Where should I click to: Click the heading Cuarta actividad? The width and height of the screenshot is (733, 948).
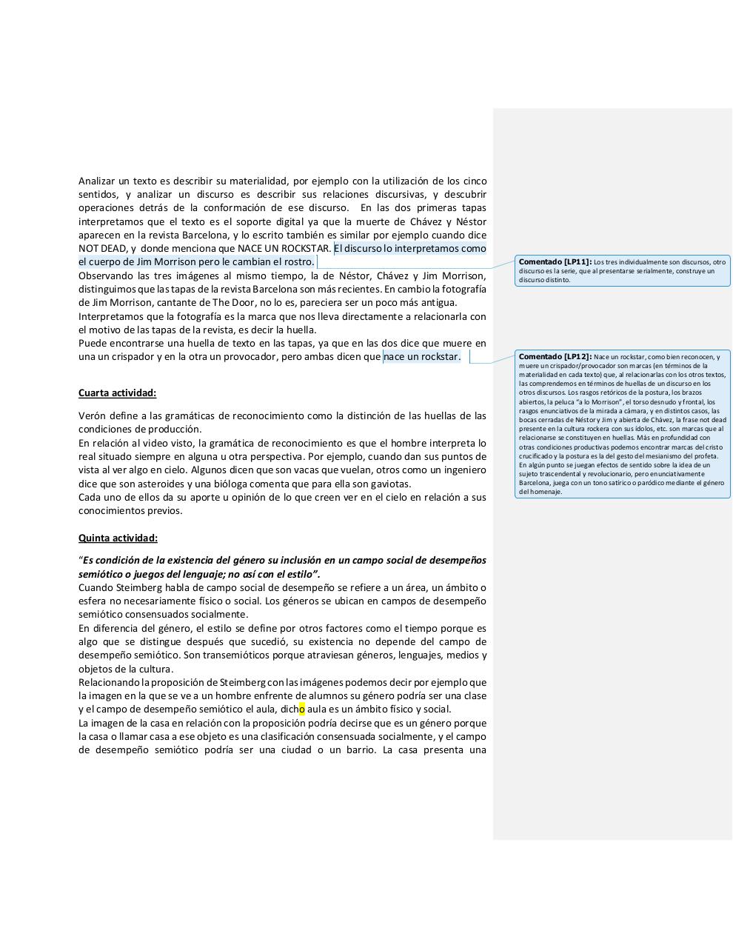click(117, 393)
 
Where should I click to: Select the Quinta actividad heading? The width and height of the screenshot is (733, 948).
click(118, 538)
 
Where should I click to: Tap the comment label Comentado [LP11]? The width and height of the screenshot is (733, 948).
click(555, 261)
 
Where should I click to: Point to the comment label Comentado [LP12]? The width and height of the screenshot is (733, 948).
click(555, 356)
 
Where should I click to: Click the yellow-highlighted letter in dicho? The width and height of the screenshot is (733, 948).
click(302, 709)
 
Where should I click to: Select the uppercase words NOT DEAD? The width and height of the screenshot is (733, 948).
click(103, 248)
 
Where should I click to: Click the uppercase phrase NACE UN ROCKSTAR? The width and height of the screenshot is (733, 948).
click(284, 248)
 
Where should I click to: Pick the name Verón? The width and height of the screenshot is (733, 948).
click(92, 415)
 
